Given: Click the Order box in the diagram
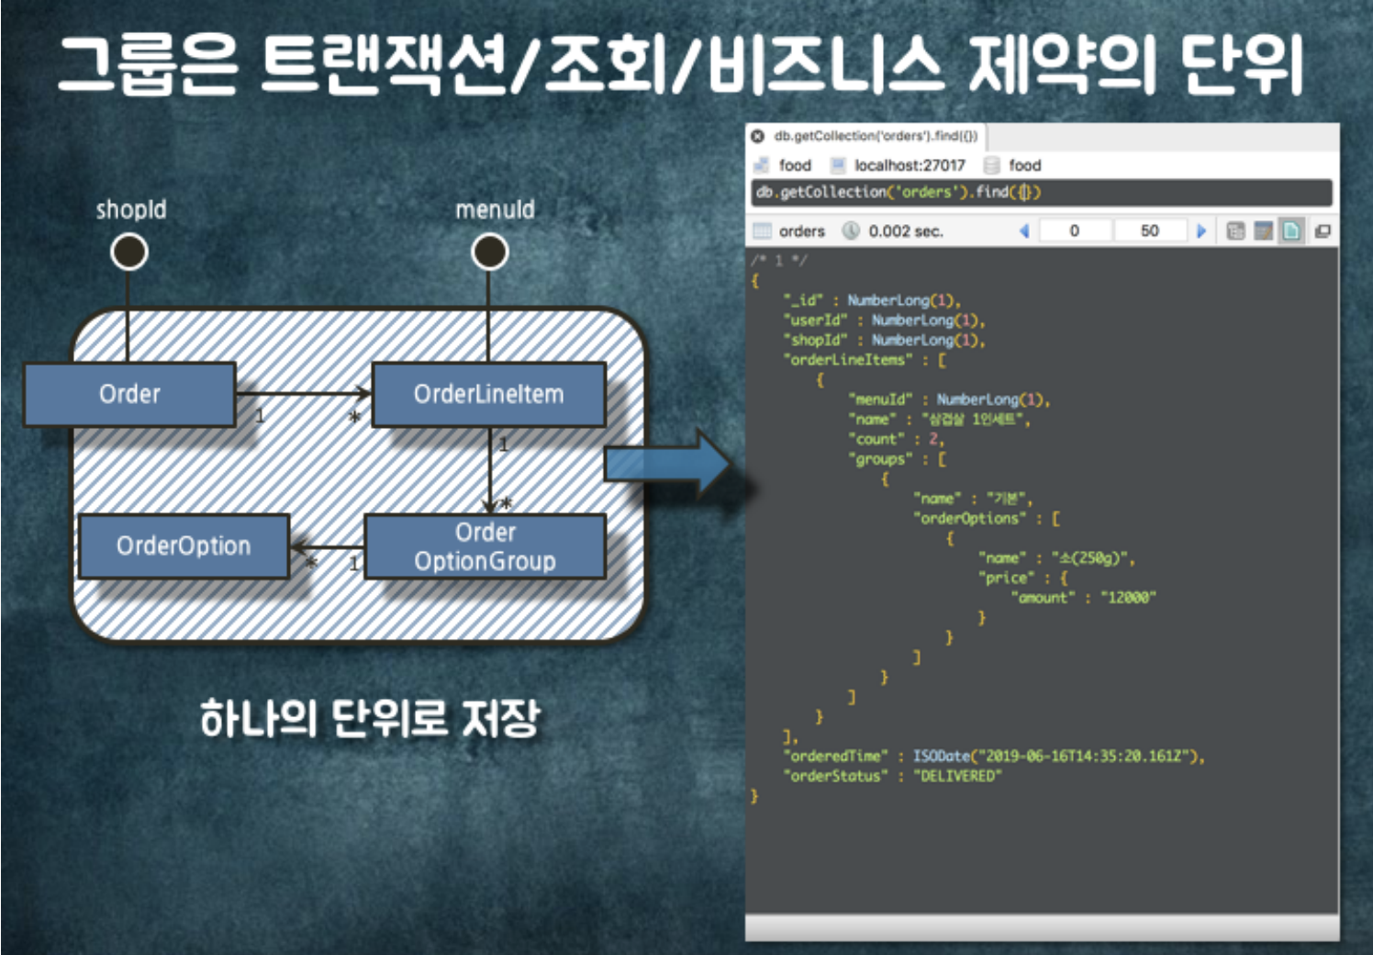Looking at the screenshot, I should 129,394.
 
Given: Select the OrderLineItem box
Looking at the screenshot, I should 488,394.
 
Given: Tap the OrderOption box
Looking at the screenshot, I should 184,545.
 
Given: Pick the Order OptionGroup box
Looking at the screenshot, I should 485,546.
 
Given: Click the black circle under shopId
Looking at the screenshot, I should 129,252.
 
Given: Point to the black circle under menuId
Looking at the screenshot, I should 490,252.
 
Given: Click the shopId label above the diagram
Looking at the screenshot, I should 131,209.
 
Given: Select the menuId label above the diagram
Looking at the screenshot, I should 495,209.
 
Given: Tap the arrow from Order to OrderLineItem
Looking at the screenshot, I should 303,393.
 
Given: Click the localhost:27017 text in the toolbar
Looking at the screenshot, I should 910,165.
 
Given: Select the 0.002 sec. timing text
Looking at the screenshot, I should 906,231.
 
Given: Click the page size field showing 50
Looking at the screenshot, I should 1149,230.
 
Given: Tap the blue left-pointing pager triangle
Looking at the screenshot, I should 1024,230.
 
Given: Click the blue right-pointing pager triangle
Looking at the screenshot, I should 1200,230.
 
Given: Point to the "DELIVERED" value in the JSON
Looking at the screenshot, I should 957,776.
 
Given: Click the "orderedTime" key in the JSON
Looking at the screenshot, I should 835,756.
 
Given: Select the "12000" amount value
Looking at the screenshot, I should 1128,597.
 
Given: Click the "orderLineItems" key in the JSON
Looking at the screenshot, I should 848,360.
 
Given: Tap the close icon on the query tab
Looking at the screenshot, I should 757,136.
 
